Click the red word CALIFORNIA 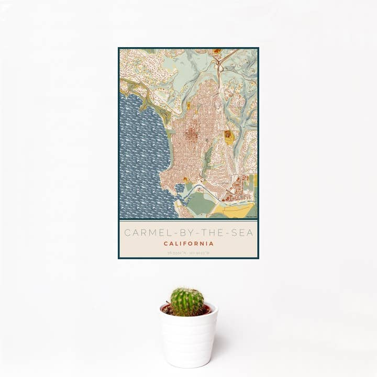click(x=188, y=243)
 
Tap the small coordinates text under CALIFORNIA click(x=188, y=252)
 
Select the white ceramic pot click(x=188, y=338)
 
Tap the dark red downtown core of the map click(x=191, y=131)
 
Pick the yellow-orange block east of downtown click(x=229, y=137)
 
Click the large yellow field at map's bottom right click(x=236, y=210)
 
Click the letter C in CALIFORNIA click(x=166, y=243)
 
